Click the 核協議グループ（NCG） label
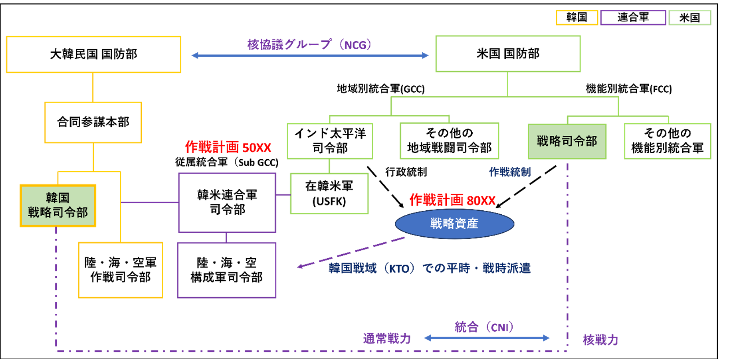pos(309,44)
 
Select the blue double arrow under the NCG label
pos(310,55)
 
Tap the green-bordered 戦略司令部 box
pos(567,141)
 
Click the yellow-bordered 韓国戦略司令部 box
pos(58,206)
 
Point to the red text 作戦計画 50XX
pos(228,147)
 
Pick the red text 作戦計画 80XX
pos(452,200)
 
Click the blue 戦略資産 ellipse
pos(454,224)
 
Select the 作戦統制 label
pos(510,172)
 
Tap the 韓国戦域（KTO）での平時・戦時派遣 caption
pos(430,268)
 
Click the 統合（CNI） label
pos(484,327)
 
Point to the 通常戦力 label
pos(387,338)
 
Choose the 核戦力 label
pos(600,340)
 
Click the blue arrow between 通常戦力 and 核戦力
pos(487,338)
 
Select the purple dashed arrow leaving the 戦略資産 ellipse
pos(351,252)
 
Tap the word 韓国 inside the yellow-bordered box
pos(57,198)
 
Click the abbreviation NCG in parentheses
pos(355,45)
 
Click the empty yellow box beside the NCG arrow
pos(93,54)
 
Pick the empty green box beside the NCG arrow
pos(508,54)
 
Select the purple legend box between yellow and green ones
pos(633,18)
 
